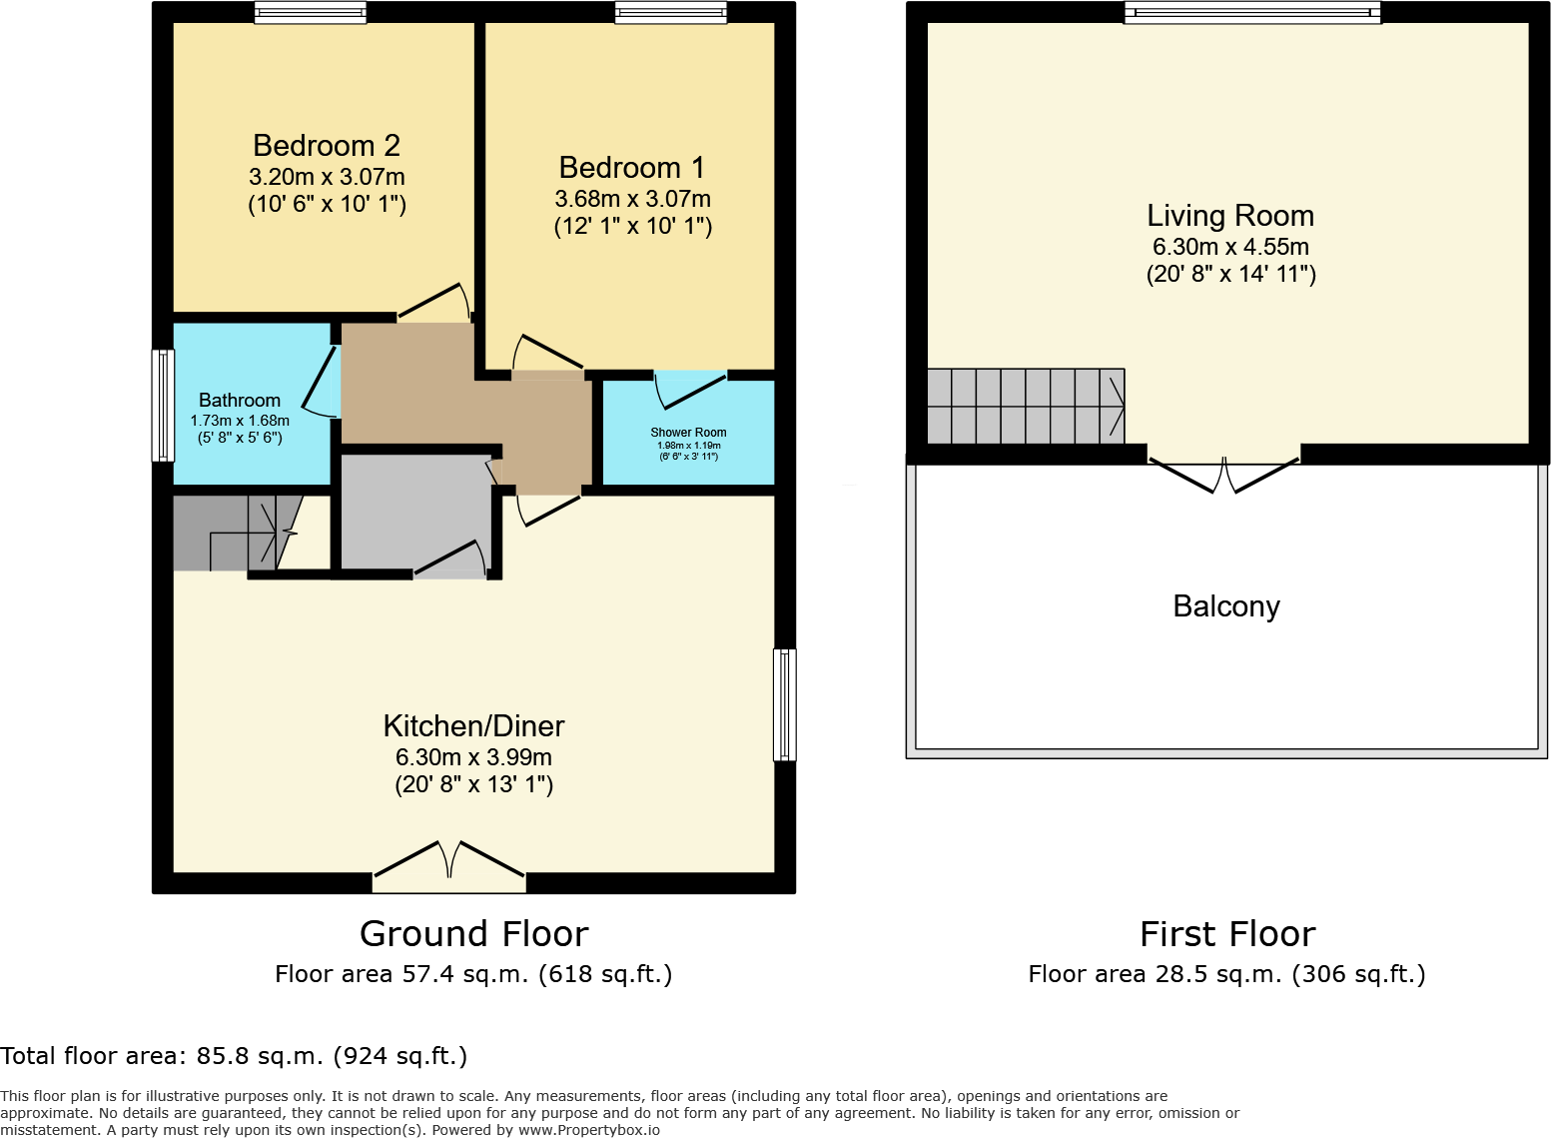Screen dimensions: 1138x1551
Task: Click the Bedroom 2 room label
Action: click(x=327, y=146)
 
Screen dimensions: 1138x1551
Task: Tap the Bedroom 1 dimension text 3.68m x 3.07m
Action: click(x=632, y=199)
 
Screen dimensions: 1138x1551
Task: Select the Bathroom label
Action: click(x=240, y=400)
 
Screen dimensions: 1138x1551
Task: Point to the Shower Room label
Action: click(x=688, y=433)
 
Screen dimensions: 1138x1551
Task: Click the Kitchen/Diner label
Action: click(x=473, y=726)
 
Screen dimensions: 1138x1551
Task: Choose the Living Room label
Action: click(x=1229, y=216)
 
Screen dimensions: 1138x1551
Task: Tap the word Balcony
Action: click(x=1225, y=606)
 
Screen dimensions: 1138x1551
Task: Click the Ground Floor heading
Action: click(x=473, y=934)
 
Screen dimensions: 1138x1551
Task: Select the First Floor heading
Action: click(x=1226, y=934)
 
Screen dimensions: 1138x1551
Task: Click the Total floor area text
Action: click(x=234, y=1056)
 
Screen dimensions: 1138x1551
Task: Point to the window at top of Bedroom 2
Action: click(x=310, y=13)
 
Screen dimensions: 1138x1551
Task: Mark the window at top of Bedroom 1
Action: click(x=670, y=13)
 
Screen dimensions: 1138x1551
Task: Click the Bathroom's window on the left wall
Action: click(x=162, y=405)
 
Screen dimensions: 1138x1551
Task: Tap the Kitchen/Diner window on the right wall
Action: click(x=785, y=704)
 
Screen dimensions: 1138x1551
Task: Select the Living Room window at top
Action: click(x=1252, y=13)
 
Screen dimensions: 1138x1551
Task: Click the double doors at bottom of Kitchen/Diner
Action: click(x=449, y=867)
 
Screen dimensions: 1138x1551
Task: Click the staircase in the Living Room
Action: click(x=1026, y=406)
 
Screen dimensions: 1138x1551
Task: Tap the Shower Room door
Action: click(x=690, y=389)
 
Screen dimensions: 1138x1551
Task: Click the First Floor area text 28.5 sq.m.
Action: click(x=1226, y=974)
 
